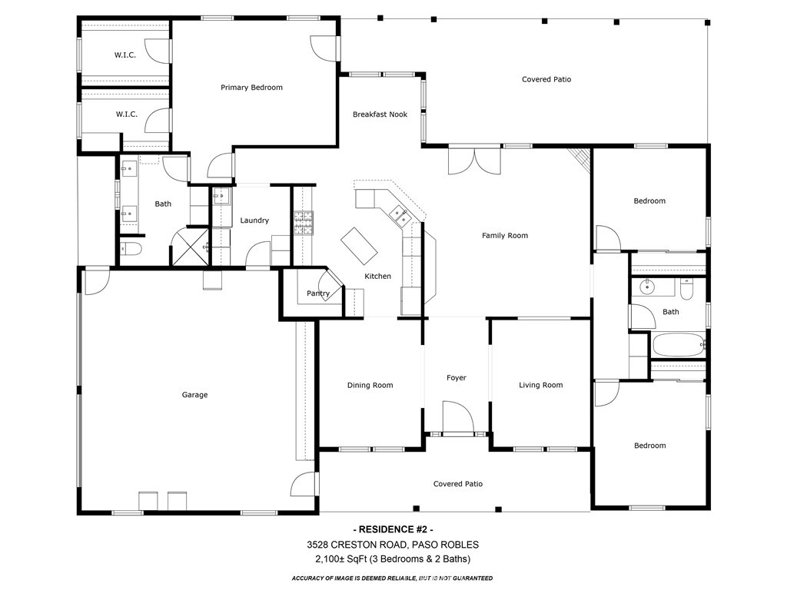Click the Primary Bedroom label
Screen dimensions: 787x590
click(x=251, y=88)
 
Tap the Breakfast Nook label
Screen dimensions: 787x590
click(x=380, y=114)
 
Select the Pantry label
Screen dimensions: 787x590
click(x=318, y=293)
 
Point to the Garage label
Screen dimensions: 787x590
click(x=194, y=395)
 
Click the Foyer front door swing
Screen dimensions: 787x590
click(x=458, y=416)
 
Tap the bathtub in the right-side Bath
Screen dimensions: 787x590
click(x=678, y=345)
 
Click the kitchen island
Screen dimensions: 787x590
click(x=360, y=246)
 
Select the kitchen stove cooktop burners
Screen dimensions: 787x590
click(x=304, y=224)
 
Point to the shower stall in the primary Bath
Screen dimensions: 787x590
click(x=190, y=247)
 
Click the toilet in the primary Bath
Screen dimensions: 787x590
click(x=131, y=248)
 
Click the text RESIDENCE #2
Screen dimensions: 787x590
click(x=393, y=529)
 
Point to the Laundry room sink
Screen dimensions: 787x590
click(x=221, y=196)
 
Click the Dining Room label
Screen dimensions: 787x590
click(x=370, y=386)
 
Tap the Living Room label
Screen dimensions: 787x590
click(x=541, y=386)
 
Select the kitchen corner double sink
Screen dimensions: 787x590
click(x=400, y=215)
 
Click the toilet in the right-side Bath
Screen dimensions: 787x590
click(x=686, y=290)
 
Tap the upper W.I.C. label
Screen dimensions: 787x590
click(x=125, y=55)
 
